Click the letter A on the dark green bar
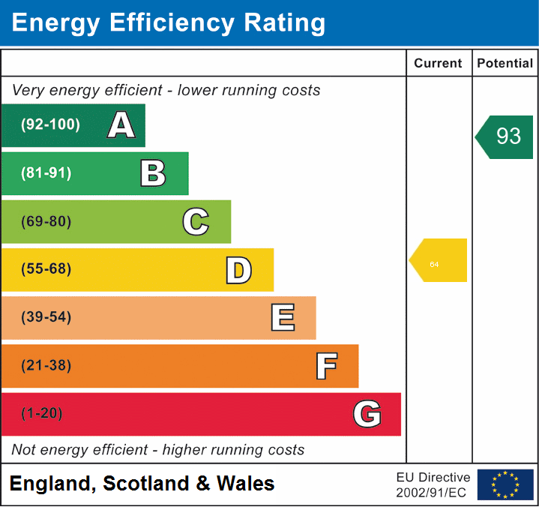pos(121,125)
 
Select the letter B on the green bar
pos(153,173)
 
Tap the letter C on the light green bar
pos(196,222)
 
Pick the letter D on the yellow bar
pos(238,270)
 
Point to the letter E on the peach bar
pos(282,318)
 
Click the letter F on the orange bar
pos(325,366)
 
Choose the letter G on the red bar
pos(367,414)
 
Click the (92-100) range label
pos(50,125)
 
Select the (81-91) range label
pos(46,173)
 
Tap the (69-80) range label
pos(46,222)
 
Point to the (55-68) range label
pos(46,269)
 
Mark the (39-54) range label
pos(46,317)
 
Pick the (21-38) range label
pos(46,366)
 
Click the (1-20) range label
pos(42,414)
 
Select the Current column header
pos(439,64)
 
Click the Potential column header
pos(505,64)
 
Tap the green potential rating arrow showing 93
pos(506,136)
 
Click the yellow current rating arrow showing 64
pos(439,261)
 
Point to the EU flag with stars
pos(505,484)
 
